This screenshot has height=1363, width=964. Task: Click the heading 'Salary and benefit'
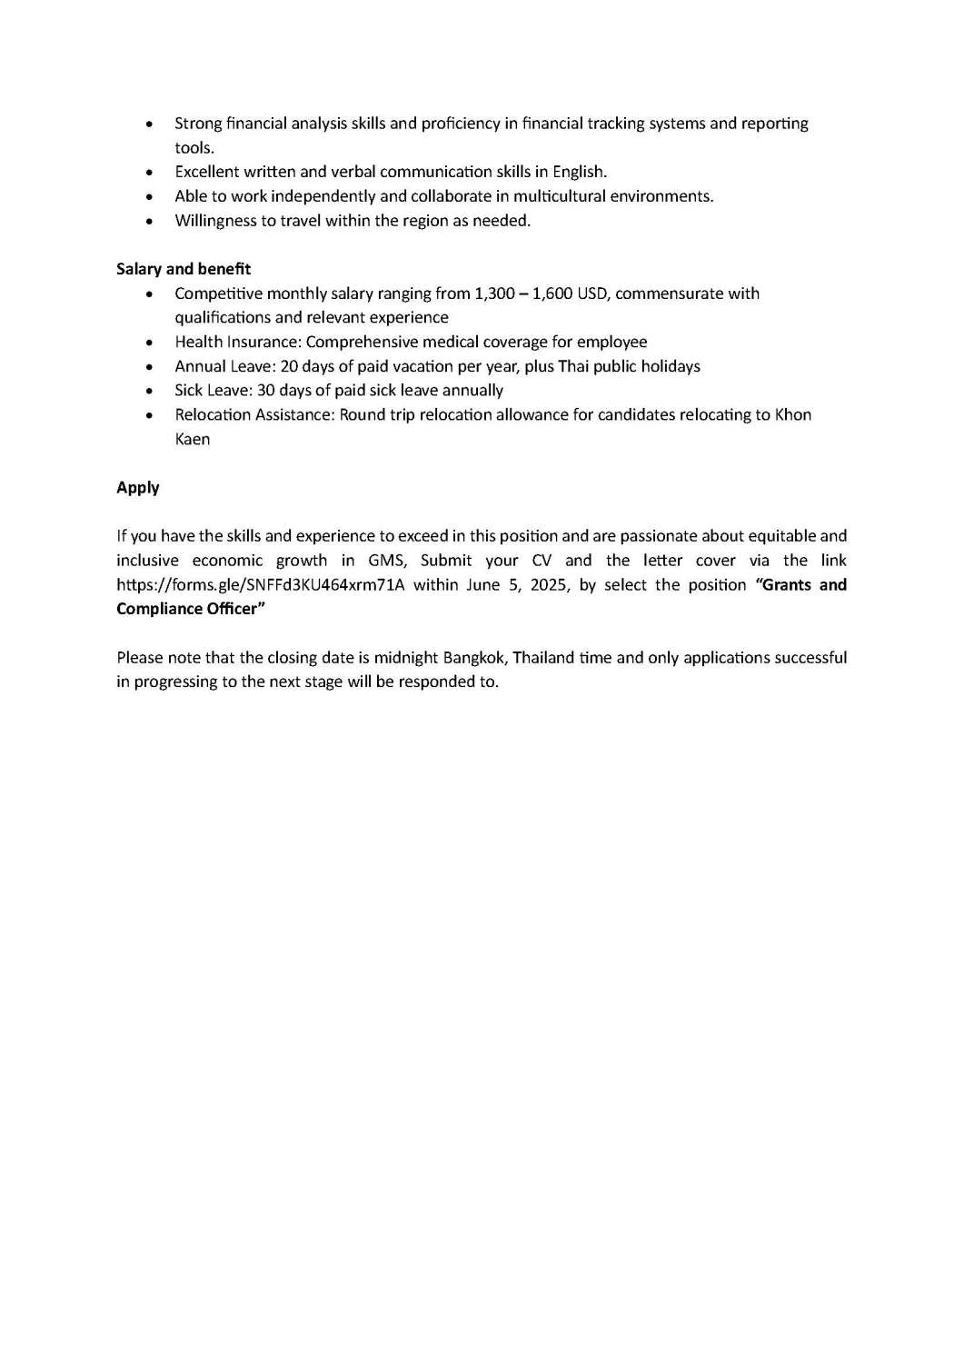click(184, 269)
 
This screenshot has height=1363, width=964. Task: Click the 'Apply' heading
click(138, 488)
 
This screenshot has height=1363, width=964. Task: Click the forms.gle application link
click(261, 585)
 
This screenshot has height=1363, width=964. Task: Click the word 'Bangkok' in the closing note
click(473, 658)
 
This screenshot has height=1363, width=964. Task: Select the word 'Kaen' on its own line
click(193, 440)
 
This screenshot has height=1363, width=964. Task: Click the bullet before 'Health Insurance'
click(150, 343)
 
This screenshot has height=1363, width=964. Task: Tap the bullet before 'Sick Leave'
click(150, 392)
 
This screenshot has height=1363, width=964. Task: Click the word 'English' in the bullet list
click(579, 172)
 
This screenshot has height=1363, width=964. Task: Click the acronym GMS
click(385, 561)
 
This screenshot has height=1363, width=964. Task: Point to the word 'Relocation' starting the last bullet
click(210, 415)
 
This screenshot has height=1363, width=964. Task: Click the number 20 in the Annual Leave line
click(289, 367)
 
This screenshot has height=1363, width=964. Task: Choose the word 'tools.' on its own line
click(194, 148)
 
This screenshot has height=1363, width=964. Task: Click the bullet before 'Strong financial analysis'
click(150, 124)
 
